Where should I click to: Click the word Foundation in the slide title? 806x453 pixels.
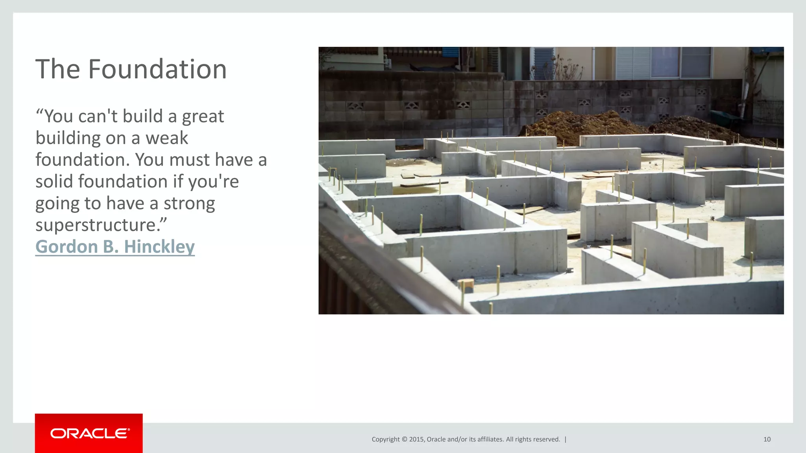click(157, 69)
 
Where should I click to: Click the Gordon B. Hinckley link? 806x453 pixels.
click(115, 247)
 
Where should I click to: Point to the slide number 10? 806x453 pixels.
click(767, 439)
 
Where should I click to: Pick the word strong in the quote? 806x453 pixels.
click(189, 204)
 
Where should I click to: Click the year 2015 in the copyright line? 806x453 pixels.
click(416, 439)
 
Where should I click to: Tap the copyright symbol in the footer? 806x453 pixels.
click(404, 439)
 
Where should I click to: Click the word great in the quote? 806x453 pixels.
click(203, 117)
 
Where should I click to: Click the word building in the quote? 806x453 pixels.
click(68, 138)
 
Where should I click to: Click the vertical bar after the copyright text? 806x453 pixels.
click(566, 439)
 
